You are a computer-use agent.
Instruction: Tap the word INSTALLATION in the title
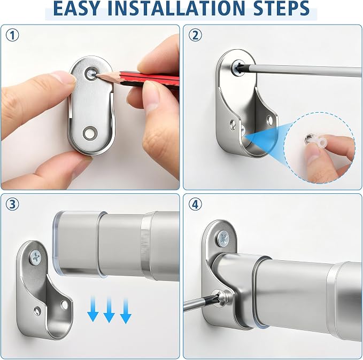[176, 9]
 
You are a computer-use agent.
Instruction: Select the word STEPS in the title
[282, 9]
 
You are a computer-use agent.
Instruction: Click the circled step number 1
[12, 36]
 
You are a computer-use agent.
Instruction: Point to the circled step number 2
[195, 35]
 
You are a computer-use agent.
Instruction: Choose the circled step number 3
[12, 204]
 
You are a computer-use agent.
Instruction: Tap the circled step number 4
[195, 204]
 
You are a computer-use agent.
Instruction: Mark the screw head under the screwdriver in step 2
[237, 68]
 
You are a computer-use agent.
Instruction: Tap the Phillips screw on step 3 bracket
[36, 257]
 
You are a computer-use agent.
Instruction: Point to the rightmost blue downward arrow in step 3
[126, 311]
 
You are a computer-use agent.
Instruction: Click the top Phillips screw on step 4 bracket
[223, 238]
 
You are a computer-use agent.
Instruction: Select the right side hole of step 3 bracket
[64, 304]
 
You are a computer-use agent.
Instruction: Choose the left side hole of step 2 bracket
[233, 125]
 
